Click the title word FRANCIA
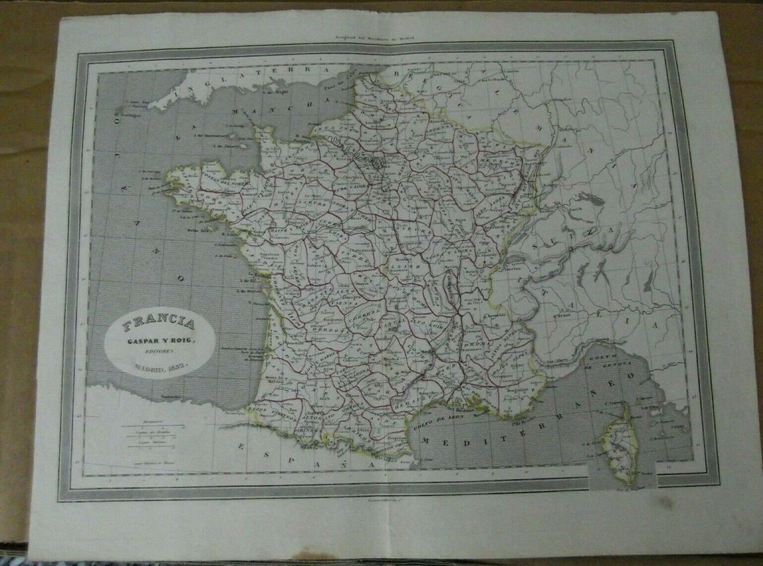[x=158, y=326]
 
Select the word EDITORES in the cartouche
[x=159, y=354]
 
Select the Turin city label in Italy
[x=562, y=317]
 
